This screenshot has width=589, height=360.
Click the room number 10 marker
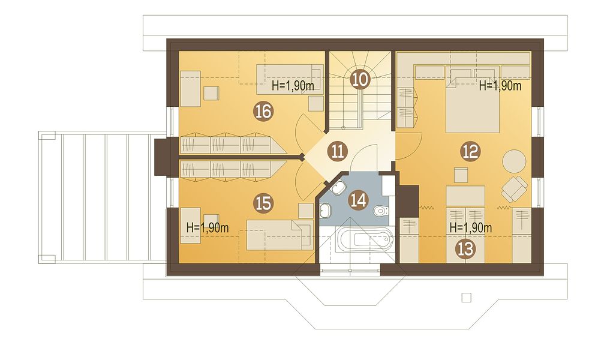tap(359, 79)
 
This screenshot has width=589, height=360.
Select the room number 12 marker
tap(470, 151)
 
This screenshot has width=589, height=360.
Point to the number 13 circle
tap(465, 249)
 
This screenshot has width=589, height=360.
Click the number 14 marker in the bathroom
tap(358, 200)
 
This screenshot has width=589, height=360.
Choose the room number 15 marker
tap(263, 203)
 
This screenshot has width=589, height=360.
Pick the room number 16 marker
tap(263, 111)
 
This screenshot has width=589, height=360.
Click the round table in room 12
tap(514, 161)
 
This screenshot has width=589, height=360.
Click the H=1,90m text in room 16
tap(293, 86)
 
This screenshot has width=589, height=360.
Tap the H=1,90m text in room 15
tap(208, 227)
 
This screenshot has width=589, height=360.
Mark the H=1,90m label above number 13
tap(471, 227)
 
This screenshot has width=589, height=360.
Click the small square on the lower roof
tap(466, 297)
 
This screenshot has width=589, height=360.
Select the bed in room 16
tap(290, 79)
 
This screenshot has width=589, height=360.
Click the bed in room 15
tap(280, 235)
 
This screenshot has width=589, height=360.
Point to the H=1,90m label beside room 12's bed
tap(500, 86)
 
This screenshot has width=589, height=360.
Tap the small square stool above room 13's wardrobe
tap(461, 175)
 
